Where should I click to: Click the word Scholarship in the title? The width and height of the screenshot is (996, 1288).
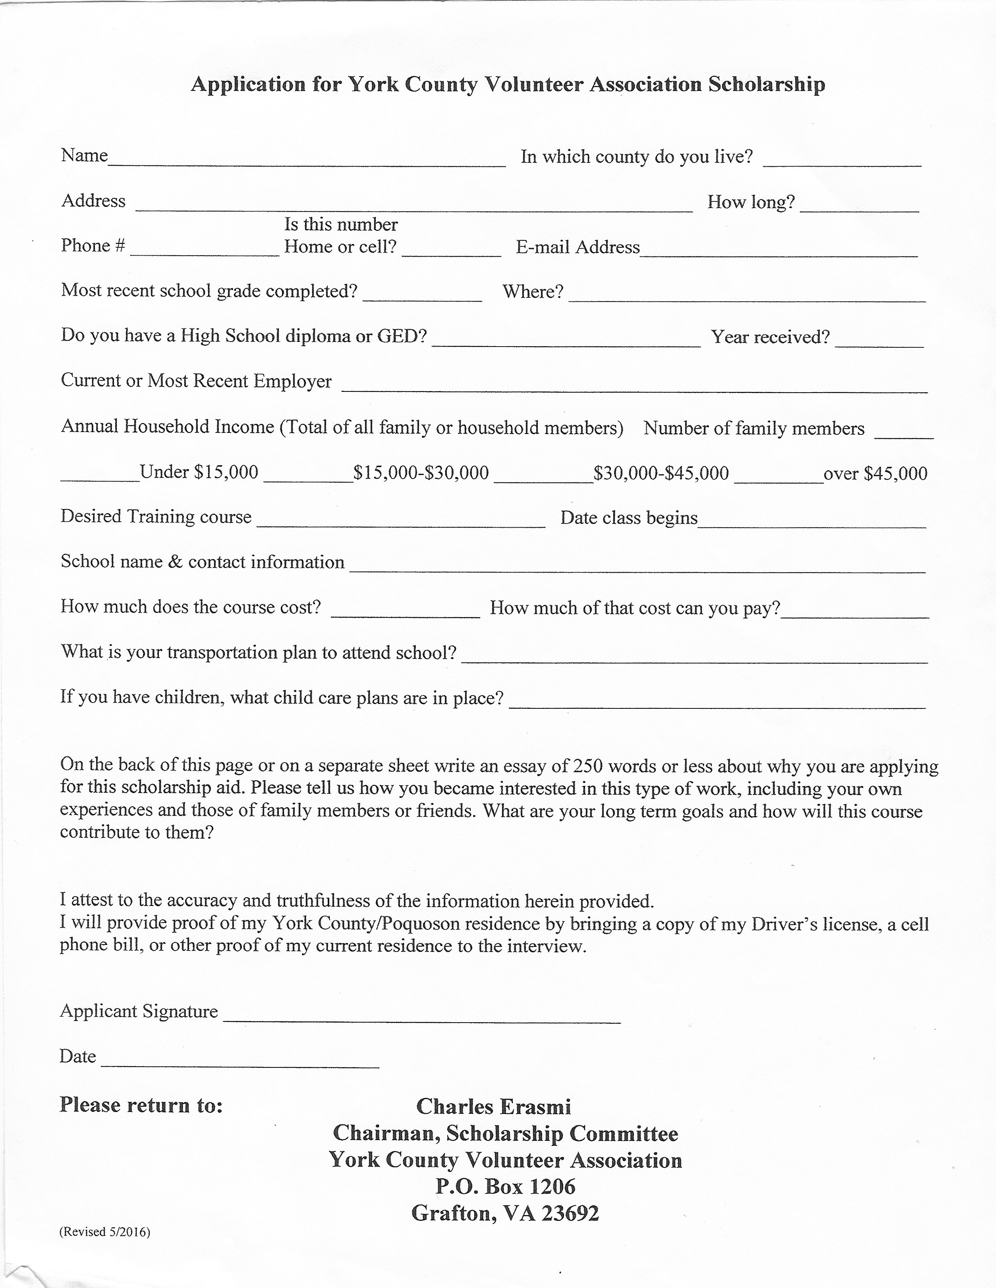(766, 84)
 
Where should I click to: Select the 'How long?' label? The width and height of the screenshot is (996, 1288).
(751, 202)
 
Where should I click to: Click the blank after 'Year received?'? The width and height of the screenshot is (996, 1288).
(879, 340)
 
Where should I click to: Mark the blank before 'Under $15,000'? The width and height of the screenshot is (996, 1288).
(99, 475)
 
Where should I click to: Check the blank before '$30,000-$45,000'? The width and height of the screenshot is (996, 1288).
(543, 475)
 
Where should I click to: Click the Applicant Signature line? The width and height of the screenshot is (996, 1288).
(421, 1016)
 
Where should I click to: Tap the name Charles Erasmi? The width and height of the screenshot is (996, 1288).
(493, 1107)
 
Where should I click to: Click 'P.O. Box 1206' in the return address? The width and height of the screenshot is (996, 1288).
(505, 1186)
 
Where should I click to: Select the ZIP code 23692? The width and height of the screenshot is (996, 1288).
(570, 1213)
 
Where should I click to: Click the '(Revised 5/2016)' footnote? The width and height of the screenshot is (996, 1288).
(104, 1232)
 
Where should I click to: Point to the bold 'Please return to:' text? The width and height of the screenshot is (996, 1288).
(141, 1105)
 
